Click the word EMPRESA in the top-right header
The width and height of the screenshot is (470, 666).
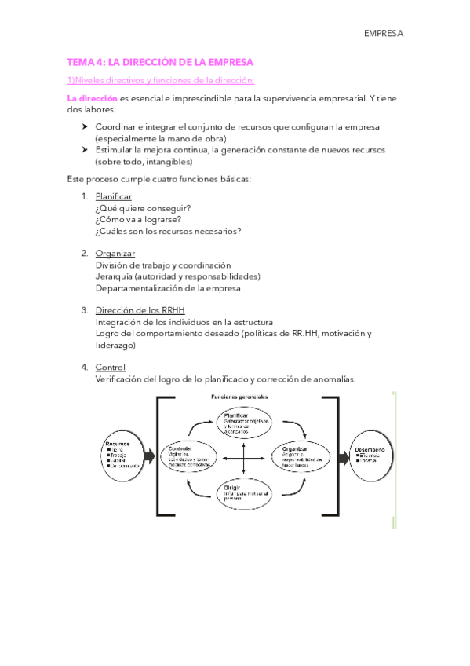[383, 34]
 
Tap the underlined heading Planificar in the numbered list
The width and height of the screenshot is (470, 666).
[113, 196]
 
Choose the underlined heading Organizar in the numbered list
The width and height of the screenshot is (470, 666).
[115, 253]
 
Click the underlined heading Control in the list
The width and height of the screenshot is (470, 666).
[110, 367]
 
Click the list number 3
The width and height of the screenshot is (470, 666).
[84, 310]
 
